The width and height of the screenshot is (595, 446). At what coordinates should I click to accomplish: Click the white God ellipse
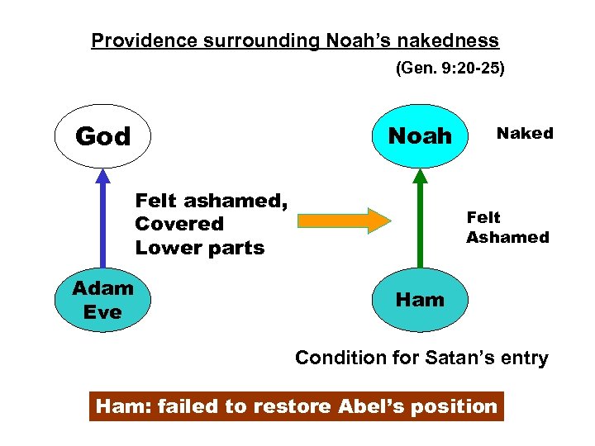pos(102,135)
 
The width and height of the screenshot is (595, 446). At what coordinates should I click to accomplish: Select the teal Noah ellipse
pos(420,135)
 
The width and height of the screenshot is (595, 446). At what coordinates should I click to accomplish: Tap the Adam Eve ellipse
pos(102,300)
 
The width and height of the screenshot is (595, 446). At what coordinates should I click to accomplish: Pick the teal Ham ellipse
pos(420,300)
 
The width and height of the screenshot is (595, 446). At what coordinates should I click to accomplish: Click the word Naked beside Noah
pos(524,133)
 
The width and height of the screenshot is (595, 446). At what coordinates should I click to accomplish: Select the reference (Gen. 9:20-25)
pos(450,69)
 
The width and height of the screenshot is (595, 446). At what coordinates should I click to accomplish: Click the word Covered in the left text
pos(179,224)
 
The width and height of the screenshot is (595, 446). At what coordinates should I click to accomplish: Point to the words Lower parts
pos(199,248)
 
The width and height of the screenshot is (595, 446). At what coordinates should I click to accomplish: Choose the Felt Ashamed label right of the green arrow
pos(507,227)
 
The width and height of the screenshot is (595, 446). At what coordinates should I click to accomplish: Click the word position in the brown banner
pos(458,406)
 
